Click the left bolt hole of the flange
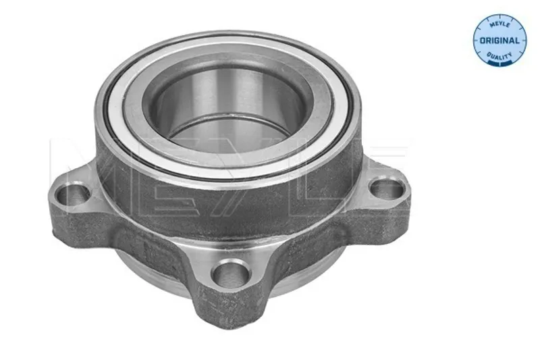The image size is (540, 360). (73, 195)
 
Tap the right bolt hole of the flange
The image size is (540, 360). (386, 189)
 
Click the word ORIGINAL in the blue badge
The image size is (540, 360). (500, 41)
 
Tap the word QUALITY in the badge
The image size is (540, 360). (500, 55)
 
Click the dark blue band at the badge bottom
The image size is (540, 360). (500, 62)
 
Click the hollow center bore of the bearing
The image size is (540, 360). (225, 110)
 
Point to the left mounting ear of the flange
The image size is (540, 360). (74, 207)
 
